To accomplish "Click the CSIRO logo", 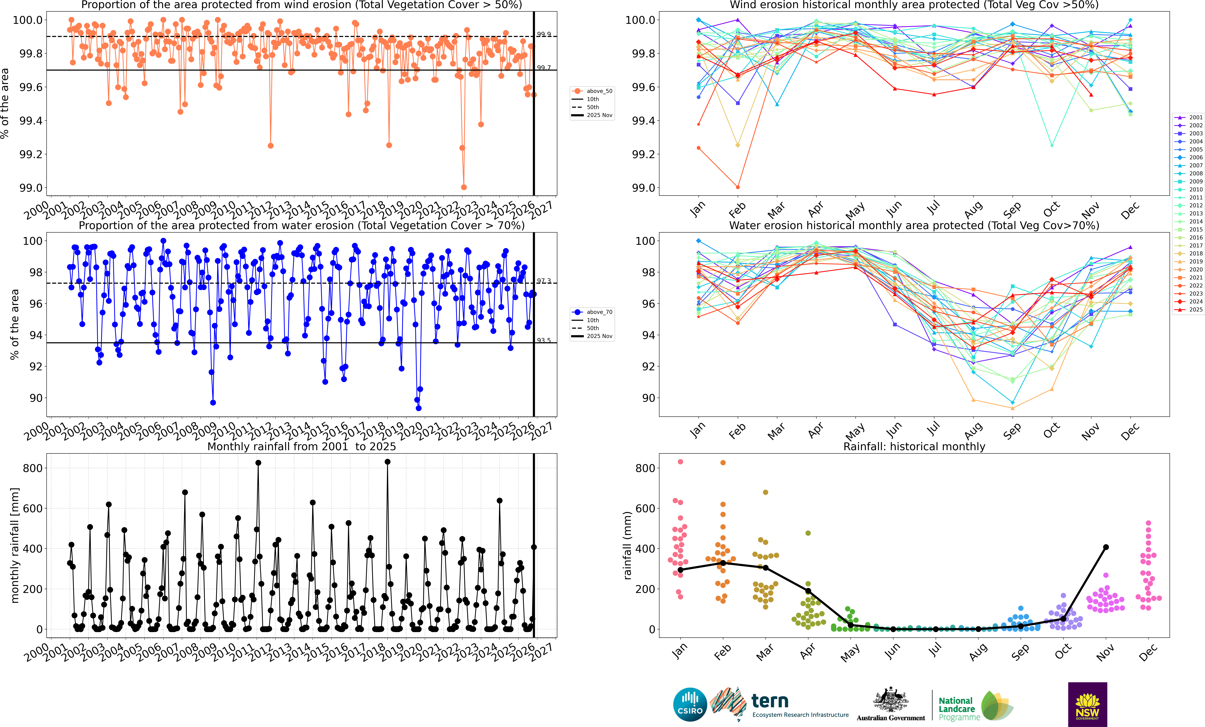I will pos(690,705).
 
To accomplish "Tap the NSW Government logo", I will pos(1087,705).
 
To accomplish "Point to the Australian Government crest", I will pos(891,700).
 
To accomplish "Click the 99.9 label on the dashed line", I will pos(544,34).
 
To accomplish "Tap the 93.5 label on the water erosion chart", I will pos(544,340).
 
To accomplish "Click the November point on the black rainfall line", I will pos(1106,547).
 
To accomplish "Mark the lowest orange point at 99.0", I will pos(464,187).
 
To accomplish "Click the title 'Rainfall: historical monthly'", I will pos(914,446).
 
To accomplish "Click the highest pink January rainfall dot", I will pos(680,462).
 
